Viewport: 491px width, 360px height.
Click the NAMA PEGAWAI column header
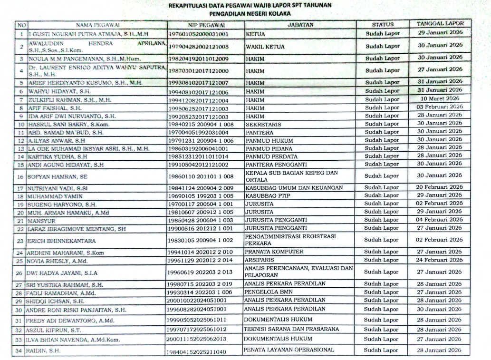click(97, 24)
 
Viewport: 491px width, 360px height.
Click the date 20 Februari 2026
click(437, 187)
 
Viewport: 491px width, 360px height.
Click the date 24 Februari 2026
click(437, 260)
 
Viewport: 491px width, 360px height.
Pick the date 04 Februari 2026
click(437, 220)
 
